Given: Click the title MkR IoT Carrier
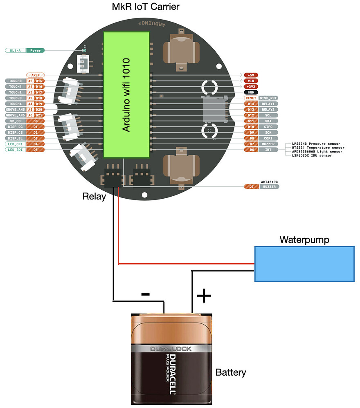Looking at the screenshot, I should click(x=145, y=7).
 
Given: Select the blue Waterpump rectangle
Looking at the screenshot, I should click(x=304, y=264).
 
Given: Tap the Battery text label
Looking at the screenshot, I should click(x=231, y=372).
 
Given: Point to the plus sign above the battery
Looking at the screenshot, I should click(x=204, y=296).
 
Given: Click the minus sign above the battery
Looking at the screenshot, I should click(x=145, y=294).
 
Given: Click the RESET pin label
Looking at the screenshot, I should click(x=250, y=98).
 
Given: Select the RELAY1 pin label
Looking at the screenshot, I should click(x=268, y=104).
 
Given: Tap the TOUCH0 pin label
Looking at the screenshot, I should click(x=15, y=81).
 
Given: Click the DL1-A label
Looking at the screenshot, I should click(x=16, y=50).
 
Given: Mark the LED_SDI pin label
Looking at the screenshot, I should click(x=15, y=150).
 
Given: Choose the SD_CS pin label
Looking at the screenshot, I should click(x=15, y=121).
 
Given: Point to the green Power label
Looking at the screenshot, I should click(x=36, y=50).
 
